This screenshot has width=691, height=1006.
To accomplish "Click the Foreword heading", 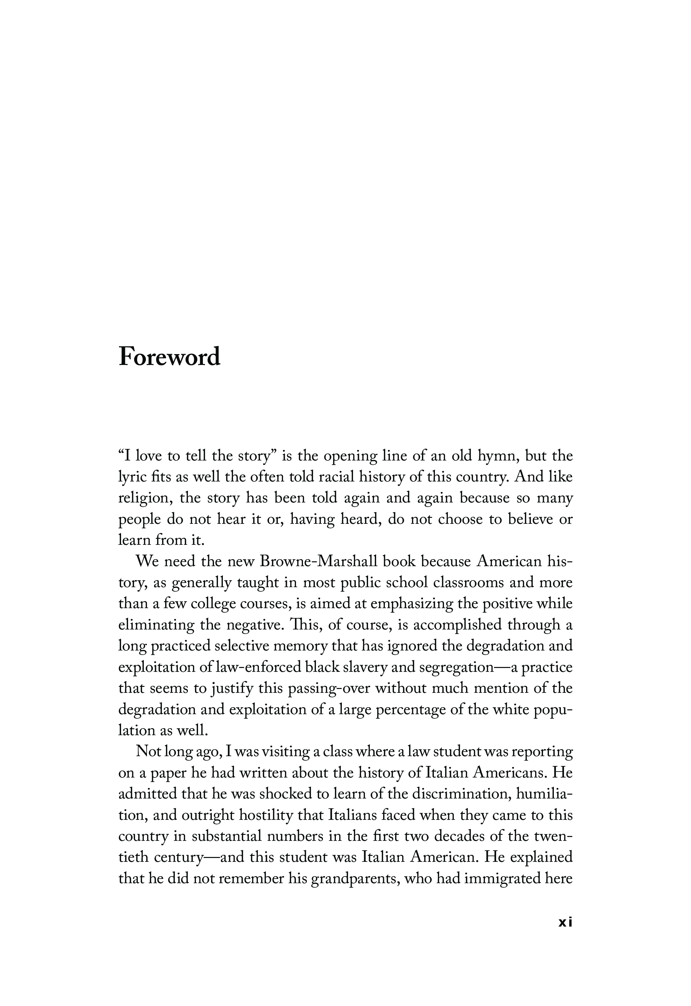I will (x=169, y=357).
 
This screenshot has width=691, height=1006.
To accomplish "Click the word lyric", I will (x=132, y=477).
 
